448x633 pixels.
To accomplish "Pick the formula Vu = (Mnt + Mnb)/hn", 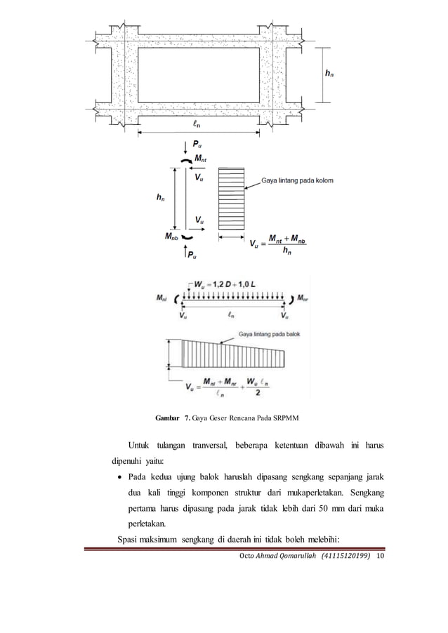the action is (282, 246).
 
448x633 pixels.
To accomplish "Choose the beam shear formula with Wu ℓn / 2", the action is (238, 387).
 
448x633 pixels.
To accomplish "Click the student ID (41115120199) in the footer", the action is (345, 557).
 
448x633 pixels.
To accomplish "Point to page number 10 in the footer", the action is (381, 557).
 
